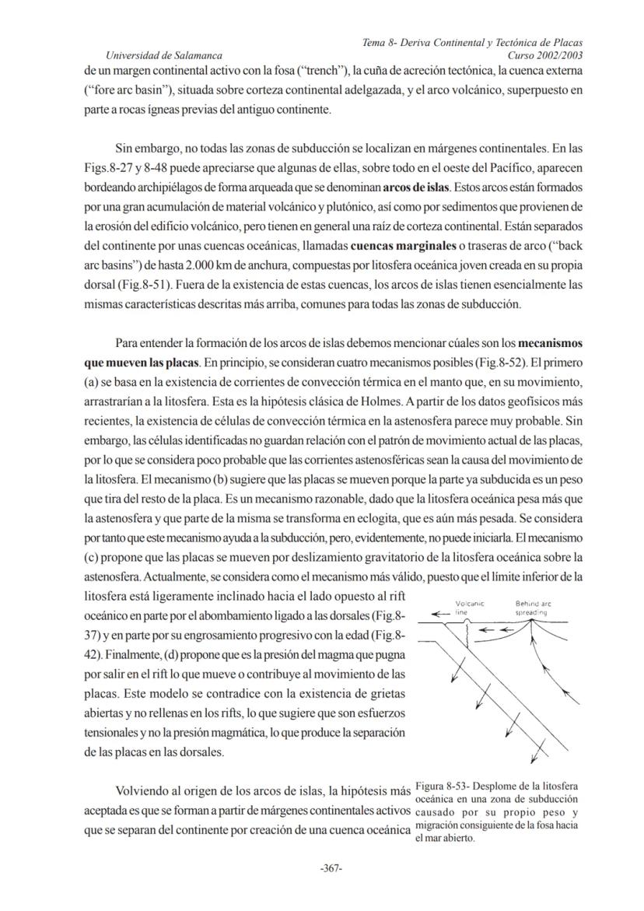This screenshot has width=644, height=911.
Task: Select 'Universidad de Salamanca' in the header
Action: (164, 55)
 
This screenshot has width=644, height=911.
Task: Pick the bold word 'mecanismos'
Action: (550, 343)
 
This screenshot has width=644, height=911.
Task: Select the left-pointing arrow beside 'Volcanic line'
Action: (441, 612)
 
